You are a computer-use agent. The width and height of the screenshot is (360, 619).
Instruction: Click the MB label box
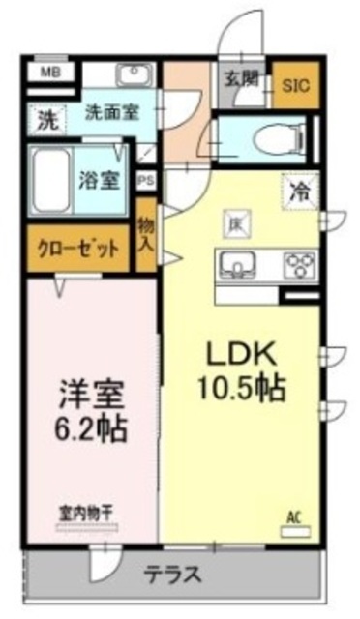click(45, 72)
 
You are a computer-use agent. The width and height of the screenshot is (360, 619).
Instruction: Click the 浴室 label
click(101, 181)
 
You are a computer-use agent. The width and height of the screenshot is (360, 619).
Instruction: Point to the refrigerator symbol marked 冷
click(300, 190)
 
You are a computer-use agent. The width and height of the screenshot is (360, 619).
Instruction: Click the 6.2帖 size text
click(92, 427)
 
